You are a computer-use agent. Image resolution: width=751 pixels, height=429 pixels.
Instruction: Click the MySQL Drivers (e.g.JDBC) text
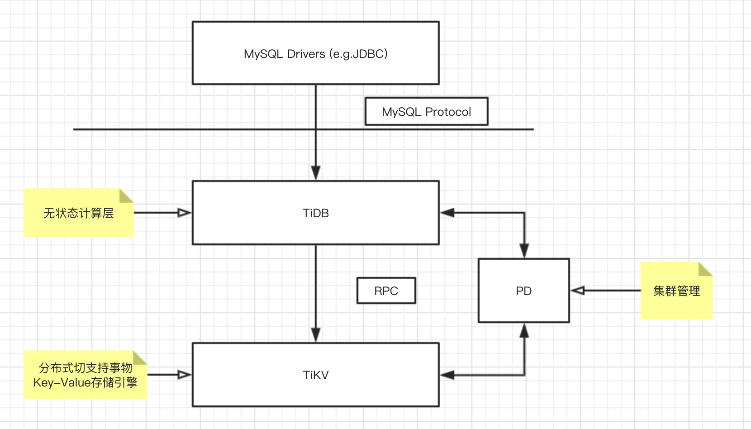tap(315, 54)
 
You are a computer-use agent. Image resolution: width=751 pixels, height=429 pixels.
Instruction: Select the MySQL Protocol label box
tap(426, 111)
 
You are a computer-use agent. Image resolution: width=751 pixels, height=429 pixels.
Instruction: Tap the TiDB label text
tap(315, 213)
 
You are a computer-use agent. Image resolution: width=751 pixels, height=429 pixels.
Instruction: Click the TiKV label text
tap(315, 375)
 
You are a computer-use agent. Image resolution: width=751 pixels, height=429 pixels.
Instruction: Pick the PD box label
tap(523, 291)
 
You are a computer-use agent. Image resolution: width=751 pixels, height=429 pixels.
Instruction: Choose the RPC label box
tap(386, 291)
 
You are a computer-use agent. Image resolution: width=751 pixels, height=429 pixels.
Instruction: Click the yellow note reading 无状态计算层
tap(78, 213)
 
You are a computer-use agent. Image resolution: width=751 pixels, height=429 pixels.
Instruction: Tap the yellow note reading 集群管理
tap(676, 291)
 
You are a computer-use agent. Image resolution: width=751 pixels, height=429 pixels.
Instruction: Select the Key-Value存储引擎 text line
tap(85, 382)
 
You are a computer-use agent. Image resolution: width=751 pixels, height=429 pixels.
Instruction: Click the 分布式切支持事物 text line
tap(85, 367)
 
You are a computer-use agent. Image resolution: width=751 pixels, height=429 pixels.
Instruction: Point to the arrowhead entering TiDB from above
tap(316, 173)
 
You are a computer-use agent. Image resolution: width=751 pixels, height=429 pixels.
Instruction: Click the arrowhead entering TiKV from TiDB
tap(316, 335)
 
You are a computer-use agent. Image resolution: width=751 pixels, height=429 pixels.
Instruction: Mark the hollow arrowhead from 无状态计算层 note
tap(185, 213)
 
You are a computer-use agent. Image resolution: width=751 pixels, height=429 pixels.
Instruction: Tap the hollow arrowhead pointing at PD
tap(578, 291)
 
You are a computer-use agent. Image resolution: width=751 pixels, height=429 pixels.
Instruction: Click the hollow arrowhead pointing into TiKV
tap(185, 375)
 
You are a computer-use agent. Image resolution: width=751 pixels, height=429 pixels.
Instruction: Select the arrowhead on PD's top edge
tap(524, 251)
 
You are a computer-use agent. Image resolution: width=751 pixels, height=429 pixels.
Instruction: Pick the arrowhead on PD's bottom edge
tap(524, 331)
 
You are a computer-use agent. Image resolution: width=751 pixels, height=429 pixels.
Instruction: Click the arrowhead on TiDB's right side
tap(447, 213)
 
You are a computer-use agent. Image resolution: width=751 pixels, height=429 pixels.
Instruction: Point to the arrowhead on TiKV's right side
tap(447, 375)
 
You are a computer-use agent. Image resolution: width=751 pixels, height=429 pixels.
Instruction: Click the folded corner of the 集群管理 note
tap(705, 269)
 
